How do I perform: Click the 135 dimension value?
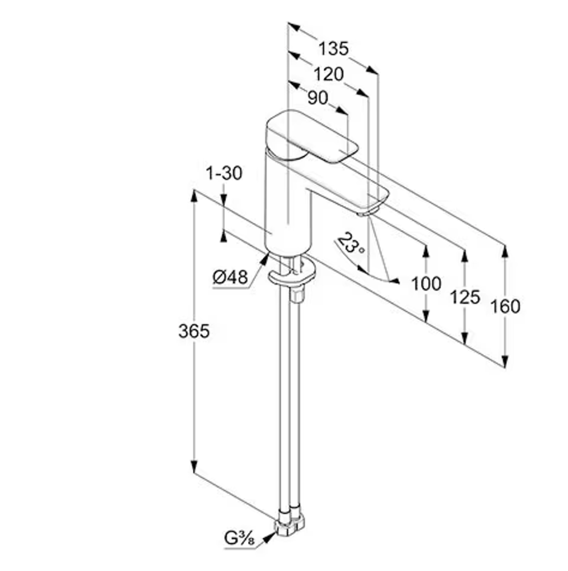[333, 49]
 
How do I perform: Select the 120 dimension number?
[328, 74]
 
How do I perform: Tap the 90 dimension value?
[318, 98]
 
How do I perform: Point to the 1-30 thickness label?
[224, 173]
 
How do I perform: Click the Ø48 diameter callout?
[230, 278]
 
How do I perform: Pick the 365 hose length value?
[194, 331]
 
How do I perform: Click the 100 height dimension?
[426, 283]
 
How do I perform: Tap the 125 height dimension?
[465, 297]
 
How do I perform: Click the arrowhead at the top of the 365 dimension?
[195, 196]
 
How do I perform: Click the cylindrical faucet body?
[288, 204]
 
